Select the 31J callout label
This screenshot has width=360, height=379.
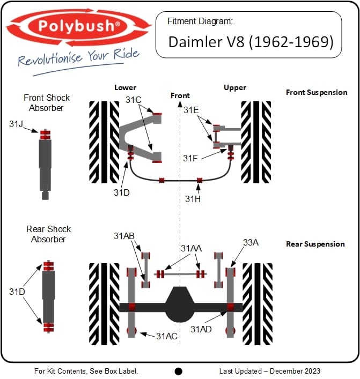click(17, 124)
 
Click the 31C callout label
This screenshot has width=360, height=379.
click(134, 100)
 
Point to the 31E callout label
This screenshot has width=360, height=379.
click(191, 110)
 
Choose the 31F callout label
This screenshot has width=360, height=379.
click(190, 158)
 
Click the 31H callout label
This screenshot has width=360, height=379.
click(193, 199)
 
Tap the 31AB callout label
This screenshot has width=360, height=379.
click(124, 236)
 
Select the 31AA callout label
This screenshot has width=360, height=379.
click(191, 248)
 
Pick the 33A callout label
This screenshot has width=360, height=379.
click(251, 242)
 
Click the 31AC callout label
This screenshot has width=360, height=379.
click(166, 336)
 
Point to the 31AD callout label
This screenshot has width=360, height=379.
click(201, 329)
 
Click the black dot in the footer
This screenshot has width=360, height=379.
click(179, 371)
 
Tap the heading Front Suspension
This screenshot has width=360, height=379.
click(317, 92)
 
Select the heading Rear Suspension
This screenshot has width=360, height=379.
click(315, 244)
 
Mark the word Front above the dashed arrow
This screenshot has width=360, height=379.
click(180, 95)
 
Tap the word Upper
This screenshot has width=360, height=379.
click(235, 87)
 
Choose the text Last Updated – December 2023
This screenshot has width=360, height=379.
click(270, 371)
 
